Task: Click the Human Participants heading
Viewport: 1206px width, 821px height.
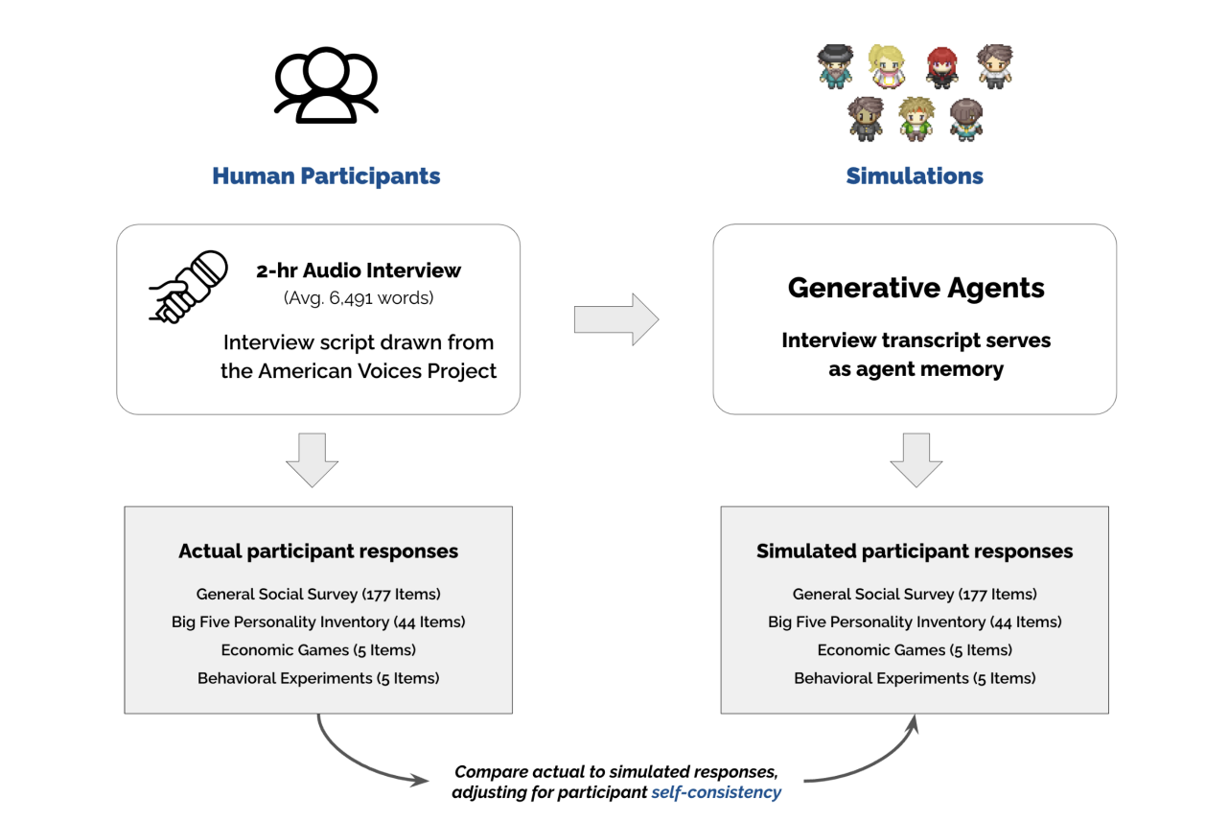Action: [326, 176]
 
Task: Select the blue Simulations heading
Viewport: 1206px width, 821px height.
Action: [914, 176]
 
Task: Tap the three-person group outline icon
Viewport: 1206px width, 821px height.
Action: [326, 85]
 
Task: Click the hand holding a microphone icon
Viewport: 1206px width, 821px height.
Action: [188, 286]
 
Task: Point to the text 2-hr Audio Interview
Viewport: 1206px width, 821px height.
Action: [359, 270]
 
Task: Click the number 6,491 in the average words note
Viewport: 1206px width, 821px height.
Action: [350, 298]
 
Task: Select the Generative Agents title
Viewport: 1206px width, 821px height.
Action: [916, 288]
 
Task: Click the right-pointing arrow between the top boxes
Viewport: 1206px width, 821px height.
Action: [615, 319]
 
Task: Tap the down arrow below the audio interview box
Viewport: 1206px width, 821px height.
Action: [312, 459]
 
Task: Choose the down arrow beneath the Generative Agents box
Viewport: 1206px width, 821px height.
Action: [916, 459]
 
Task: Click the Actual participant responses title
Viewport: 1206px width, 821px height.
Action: [318, 551]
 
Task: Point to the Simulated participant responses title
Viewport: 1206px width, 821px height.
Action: [915, 551]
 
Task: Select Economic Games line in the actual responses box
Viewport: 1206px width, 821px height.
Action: [318, 650]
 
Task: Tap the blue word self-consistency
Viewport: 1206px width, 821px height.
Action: [716, 792]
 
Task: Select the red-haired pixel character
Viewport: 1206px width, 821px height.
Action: [941, 67]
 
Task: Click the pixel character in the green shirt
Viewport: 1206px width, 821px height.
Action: [916, 118]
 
